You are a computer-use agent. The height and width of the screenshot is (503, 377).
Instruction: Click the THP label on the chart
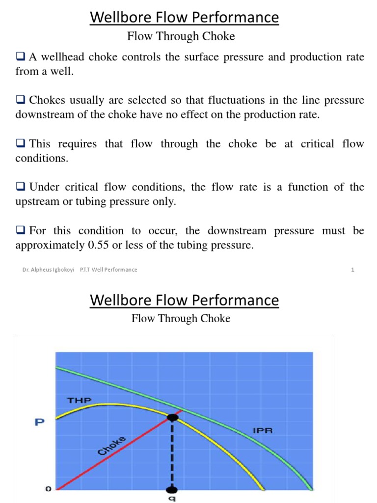(x=80, y=400)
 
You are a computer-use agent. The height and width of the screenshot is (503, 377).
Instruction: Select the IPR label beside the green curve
(x=263, y=431)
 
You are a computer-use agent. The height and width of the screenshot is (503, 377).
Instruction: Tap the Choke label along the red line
(x=112, y=446)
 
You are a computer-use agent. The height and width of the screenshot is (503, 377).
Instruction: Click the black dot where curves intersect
(x=172, y=418)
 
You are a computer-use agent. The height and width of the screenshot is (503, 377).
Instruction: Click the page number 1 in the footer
(x=352, y=270)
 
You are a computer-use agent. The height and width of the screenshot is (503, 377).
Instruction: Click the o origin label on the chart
(x=48, y=489)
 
